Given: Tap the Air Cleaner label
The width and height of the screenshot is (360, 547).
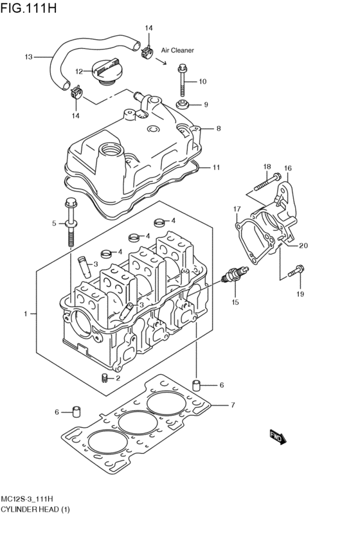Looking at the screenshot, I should (x=177, y=49).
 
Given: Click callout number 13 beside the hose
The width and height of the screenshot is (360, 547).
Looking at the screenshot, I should (x=28, y=57).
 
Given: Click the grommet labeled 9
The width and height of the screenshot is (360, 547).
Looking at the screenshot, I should (x=183, y=105).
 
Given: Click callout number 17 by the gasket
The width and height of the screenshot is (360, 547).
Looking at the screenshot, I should (x=237, y=209).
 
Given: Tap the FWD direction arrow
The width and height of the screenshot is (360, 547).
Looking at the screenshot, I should (x=277, y=438).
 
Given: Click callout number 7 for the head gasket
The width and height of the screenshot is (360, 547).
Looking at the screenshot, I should (x=233, y=405).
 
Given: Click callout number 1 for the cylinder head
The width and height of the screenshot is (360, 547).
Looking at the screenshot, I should (x=26, y=314).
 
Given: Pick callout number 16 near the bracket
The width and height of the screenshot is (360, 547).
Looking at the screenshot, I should (x=287, y=168).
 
